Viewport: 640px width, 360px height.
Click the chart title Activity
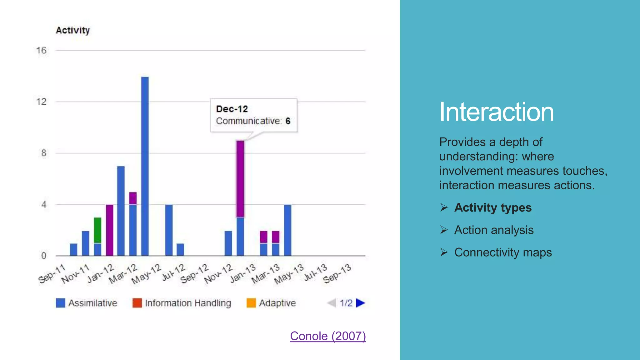pyautogui.click(x=72, y=30)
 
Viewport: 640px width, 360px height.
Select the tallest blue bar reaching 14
pyautogui.click(x=145, y=166)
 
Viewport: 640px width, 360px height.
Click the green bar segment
pyautogui.click(x=97, y=230)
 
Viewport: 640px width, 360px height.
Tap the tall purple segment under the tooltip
pyautogui.click(x=240, y=179)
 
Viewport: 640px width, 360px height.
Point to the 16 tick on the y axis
pyautogui.click(x=41, y=50)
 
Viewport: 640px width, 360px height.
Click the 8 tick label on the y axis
pyautogui.click(x=43, y=153)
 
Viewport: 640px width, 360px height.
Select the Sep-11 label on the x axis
pyautogui.click(x=52, y=273)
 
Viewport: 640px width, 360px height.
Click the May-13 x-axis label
pyautogui.click(x=289, y=274)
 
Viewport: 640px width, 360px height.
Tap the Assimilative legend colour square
pyautogui.click(x=60, y=303)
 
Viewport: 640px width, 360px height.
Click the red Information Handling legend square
pyautogui.click(x=137, y=303)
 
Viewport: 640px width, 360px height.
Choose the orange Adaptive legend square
pyautogui.click(x=251, y=303)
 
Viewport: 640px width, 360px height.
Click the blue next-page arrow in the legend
pyautogui.click(x=360, y=303)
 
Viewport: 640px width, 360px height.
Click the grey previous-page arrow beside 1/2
pyautogui.click(x=332, y=303)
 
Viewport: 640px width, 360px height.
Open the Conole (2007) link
pyautogui.click(x=327, y=336)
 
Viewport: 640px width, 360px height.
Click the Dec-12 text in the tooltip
pyautogui.click(x=232, y=109)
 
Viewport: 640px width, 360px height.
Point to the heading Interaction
pyautogui.click(x=496, y=112)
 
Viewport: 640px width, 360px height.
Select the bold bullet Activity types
pyautogui.click(x=492, y=207)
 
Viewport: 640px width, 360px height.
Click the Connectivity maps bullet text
pyautogui.click(x=503, y=252)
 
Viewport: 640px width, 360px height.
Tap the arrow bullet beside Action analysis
pyautogui.click(x=444, y=230)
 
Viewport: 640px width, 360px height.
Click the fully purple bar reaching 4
pyautogui.click(x=109, y=230)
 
